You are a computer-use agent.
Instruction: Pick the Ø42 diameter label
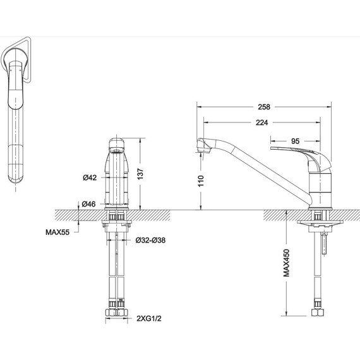coord(90,178)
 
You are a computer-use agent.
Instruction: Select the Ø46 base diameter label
coord(90,203)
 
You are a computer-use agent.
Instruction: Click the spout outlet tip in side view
coord(202,148)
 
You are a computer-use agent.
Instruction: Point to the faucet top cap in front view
coord(116,143)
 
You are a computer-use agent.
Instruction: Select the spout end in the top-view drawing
coord(15,180)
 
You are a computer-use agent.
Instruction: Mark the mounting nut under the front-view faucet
coord(116,222)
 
